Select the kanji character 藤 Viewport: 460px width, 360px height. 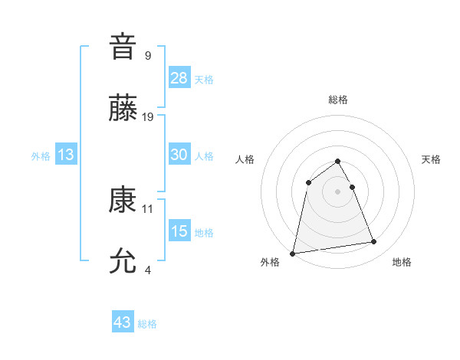(123, 108)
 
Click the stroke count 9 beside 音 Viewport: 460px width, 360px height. (148, 55)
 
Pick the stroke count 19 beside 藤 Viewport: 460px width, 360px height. (148, 117)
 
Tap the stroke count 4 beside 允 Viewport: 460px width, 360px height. (148, 270)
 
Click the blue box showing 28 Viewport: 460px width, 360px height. (179, 78)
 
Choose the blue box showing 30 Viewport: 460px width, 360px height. (179, 155)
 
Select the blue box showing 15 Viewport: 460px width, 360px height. (179, 231)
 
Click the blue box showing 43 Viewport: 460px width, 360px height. (123, 322)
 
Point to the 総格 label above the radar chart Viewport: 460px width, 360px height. (338, 100)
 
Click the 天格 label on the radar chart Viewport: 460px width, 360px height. (432, 159)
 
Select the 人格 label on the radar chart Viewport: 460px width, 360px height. (245, 159)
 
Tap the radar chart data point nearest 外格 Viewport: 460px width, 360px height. (293, 253)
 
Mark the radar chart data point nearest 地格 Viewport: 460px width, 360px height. (374, 242)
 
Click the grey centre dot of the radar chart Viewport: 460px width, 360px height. (338, 191)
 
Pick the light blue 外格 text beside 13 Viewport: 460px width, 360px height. (41, 156)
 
